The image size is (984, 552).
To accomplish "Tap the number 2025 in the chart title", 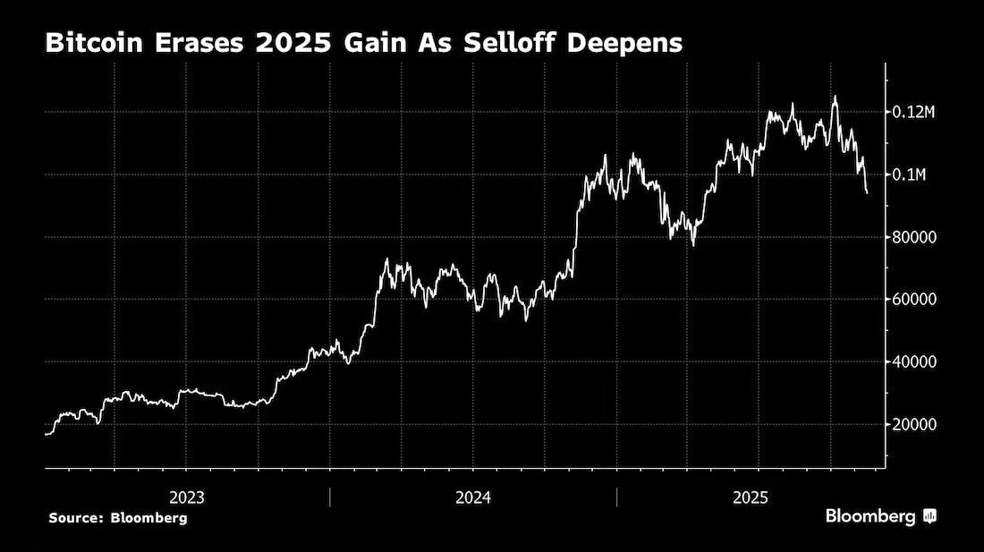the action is (x=293, y=43).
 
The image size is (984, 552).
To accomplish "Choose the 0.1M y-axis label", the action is (x=909, y=174).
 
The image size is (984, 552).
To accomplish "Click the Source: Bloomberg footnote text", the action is (x=118, y=518).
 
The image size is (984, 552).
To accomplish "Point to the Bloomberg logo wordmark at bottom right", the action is (x=870, y=517).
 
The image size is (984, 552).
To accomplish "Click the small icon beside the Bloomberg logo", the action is (x=929, y=517).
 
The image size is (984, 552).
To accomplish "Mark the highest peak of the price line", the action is (x=835, y=97).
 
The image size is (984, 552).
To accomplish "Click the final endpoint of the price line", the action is (x=868, y=192).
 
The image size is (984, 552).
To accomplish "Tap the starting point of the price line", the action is (x=46, y=433).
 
